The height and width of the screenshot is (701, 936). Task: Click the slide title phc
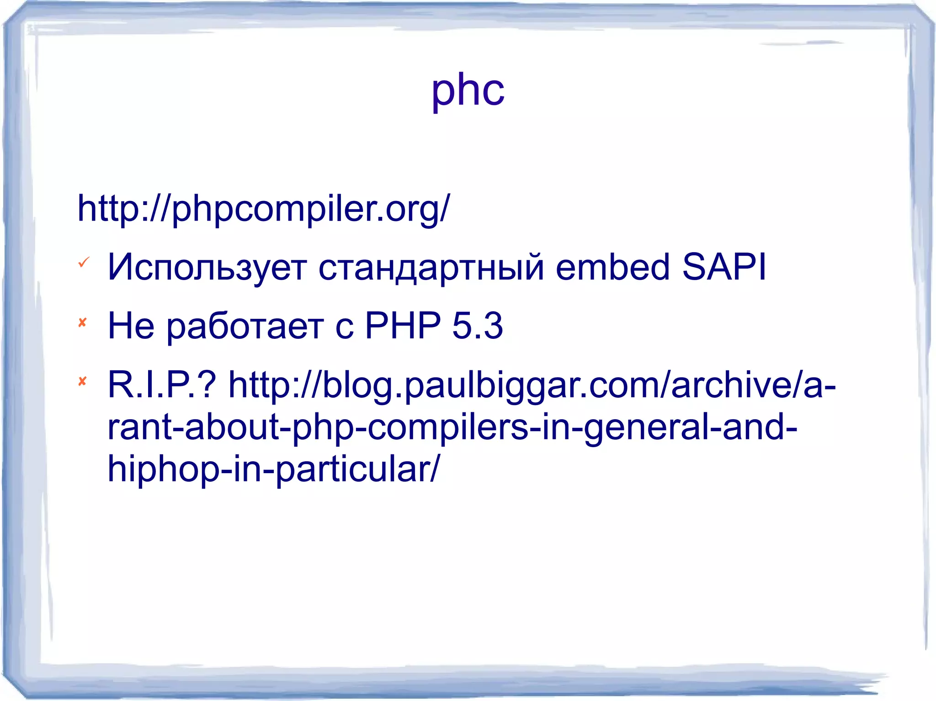[468, 90]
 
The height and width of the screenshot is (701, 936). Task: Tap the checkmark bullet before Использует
[84, 263]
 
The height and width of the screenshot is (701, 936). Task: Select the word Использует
[207, 267]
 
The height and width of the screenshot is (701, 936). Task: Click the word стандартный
[431, 267]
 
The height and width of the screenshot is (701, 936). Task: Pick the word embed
[612, 267]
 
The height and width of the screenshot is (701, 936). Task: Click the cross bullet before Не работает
[83, 323]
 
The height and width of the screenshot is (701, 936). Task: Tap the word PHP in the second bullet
[403, 326]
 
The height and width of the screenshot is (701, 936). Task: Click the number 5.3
[478, 326]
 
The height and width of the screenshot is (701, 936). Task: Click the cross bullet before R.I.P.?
[83, 381]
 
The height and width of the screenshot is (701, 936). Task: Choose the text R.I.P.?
[161, 385]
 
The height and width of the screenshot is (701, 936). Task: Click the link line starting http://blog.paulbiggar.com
[532, 385]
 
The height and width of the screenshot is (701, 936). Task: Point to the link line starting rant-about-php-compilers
[452, 427]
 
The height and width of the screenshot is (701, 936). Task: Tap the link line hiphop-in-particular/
[273, 469]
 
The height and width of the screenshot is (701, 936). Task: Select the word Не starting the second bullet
[131, 326]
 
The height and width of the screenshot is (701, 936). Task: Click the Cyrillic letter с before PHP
[344, 328]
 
